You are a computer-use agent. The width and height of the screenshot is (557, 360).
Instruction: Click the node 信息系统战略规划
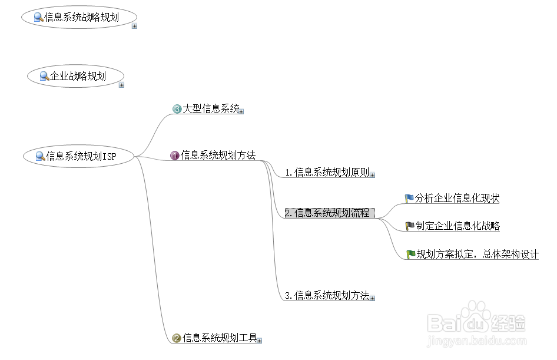81,18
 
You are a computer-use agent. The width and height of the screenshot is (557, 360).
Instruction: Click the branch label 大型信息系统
211,109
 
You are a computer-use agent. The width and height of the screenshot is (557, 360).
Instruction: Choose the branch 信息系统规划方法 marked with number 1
218,156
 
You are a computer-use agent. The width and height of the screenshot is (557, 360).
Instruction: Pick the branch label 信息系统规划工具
219,338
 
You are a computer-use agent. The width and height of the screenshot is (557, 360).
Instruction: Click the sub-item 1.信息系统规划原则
327,173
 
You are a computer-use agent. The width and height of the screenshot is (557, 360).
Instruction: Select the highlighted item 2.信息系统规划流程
329,213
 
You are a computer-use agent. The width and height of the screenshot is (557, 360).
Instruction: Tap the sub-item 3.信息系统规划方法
327,296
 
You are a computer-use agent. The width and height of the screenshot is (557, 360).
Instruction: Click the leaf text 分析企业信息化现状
457,199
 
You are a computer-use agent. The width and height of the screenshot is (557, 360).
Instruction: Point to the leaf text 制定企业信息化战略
457,226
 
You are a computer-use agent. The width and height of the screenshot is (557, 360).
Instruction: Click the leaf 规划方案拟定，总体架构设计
477,255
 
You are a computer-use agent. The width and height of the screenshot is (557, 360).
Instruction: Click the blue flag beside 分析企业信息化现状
409,199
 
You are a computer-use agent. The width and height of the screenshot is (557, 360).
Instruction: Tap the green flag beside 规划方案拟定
410,255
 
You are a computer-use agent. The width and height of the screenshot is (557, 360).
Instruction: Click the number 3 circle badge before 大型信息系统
177,109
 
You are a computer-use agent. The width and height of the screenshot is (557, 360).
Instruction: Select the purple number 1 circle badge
175,156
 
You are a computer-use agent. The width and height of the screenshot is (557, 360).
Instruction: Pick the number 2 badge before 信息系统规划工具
176,338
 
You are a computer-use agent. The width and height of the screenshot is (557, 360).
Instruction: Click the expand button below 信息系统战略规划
134,26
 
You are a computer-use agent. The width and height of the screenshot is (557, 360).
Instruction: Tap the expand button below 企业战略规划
121,85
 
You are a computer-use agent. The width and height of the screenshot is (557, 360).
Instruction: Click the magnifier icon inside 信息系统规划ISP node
40,157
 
